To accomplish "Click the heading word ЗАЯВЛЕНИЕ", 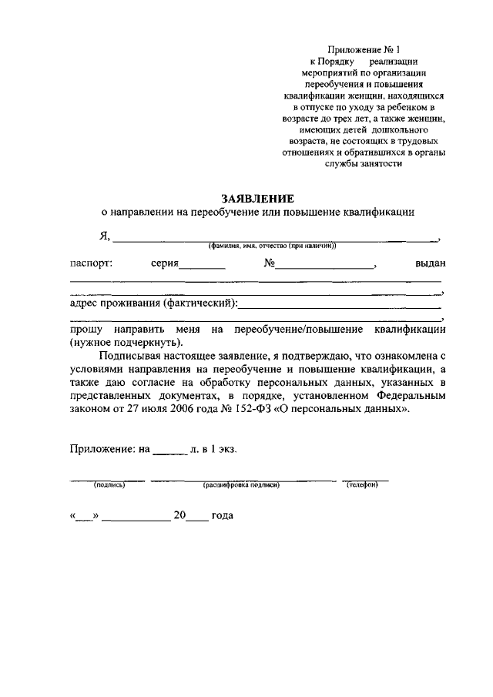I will (257, 198).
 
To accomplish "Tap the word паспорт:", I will (91, 263).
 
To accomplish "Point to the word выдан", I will (430, 263).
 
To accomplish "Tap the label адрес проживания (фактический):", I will (153, 303).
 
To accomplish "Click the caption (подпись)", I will (109, 486).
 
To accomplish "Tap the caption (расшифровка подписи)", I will (240, 486).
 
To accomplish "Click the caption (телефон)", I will (361, 486).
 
